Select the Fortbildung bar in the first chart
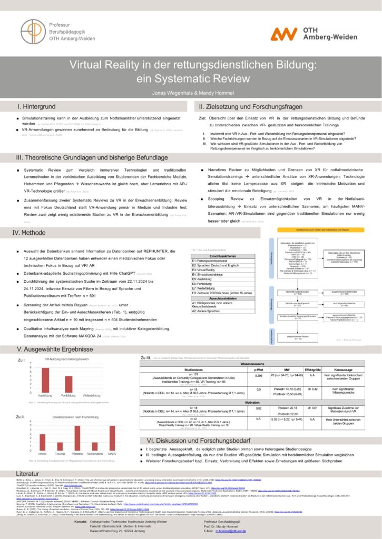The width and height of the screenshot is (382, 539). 68,384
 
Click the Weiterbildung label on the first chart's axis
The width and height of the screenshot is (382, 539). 92,395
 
